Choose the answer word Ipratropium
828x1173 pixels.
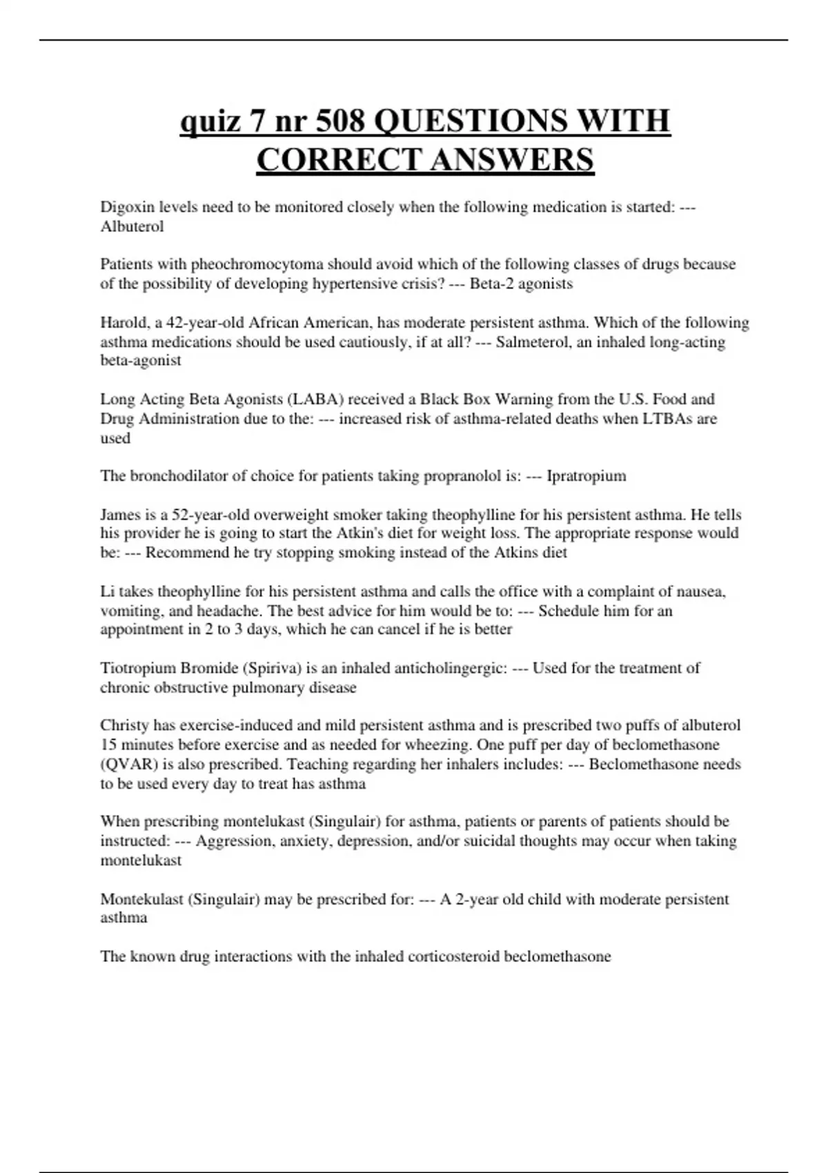(586, 476)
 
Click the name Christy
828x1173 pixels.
(125, 725)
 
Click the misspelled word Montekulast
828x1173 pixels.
(141, 899)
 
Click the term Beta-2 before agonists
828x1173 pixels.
(492, 284)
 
